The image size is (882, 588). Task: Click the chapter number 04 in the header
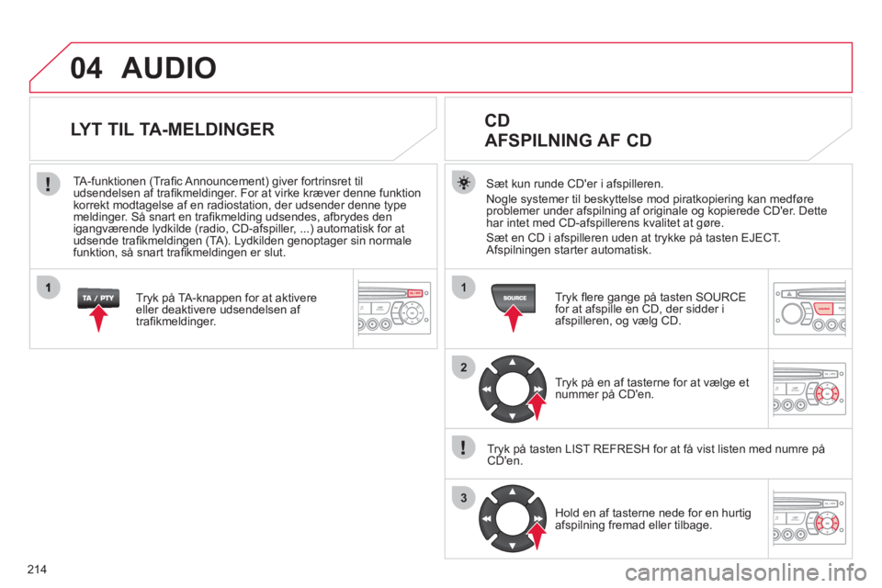[86, 68]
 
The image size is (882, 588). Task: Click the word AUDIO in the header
[169, 68]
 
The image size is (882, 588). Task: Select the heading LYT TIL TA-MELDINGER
[173, 130]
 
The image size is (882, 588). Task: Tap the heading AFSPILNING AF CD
[568, 140]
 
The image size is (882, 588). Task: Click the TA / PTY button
[98, 298]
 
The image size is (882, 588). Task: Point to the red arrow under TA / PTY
[98, 319]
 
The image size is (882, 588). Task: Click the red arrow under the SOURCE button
[513, 319]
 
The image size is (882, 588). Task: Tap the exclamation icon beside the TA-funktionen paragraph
[49, 184]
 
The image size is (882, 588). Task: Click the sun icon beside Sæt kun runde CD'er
[463, 184]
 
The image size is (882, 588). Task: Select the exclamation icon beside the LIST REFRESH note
[463, 448]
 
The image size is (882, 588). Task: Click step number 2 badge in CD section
[463, 367]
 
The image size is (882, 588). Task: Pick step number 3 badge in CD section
[463, 498]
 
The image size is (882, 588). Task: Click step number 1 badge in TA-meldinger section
[49, 288]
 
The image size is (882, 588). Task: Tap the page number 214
[37, 570]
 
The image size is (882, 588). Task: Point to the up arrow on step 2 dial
[513, 362]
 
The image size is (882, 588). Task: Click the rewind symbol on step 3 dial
[487, 519]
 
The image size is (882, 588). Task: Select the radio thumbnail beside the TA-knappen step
[394, 309]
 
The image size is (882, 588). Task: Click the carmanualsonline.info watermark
[746, 572]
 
